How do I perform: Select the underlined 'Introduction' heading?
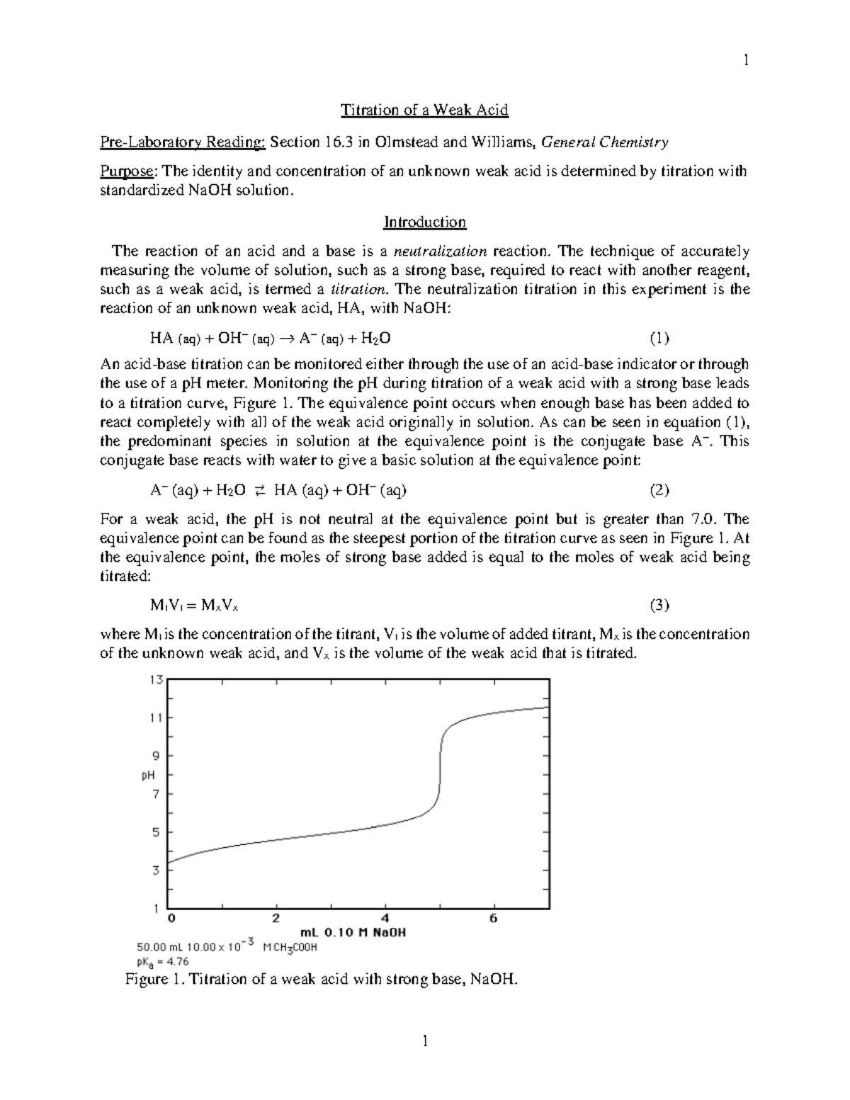point(424,222)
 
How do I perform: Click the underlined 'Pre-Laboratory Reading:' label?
point(183,142)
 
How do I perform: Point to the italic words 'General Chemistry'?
point(604,142)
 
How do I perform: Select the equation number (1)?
point(659,338)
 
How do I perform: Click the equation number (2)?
point(659,490)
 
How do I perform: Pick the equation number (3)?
point(659,605)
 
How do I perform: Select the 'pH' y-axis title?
point(148,776)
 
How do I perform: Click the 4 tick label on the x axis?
point(385,919)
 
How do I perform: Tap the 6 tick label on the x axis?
point(494,919)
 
